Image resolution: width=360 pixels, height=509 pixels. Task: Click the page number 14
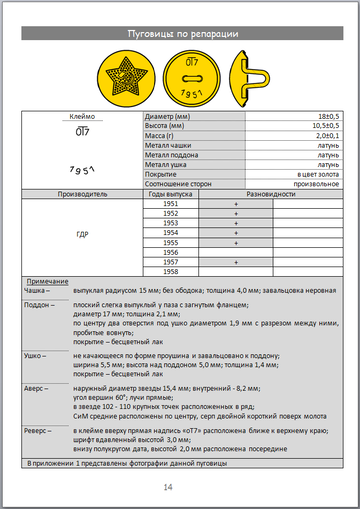(181, 486)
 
